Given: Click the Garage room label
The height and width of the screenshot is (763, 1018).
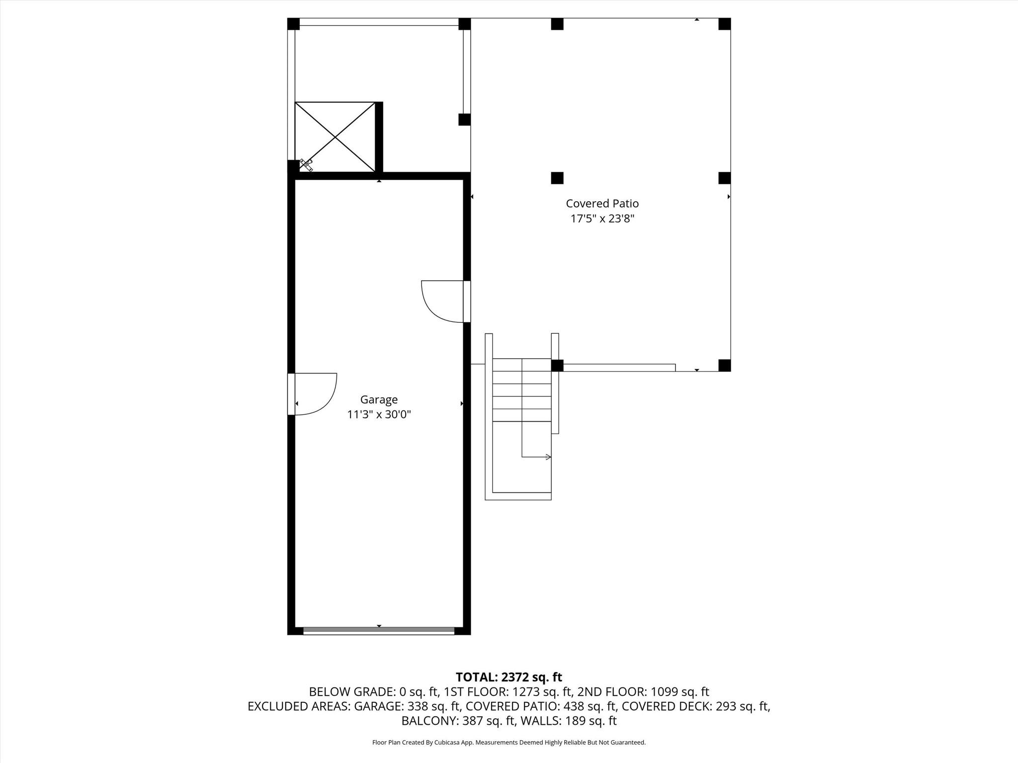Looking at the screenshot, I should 379,399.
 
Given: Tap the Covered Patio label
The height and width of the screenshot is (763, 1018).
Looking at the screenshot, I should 602,203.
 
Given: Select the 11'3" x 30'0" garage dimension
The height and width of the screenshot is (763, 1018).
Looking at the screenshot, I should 379,414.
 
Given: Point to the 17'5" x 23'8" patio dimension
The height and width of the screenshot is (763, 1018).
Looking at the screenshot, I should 602,218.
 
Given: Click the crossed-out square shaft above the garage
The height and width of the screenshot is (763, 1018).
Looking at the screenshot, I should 335,137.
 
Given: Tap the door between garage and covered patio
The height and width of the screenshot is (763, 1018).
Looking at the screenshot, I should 442,302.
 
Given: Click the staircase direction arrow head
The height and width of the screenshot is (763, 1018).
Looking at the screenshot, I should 548,457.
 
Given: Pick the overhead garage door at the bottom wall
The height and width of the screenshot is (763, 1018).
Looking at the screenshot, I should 379,631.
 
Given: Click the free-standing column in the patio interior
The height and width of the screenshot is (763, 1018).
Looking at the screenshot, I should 557,178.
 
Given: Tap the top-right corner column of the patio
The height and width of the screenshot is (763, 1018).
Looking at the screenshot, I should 724,24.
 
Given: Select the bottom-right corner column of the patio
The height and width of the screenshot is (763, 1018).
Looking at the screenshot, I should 724,365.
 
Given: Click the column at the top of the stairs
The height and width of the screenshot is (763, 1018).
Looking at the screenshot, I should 557,365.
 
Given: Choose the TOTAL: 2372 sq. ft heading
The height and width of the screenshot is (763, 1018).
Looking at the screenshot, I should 509,677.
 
